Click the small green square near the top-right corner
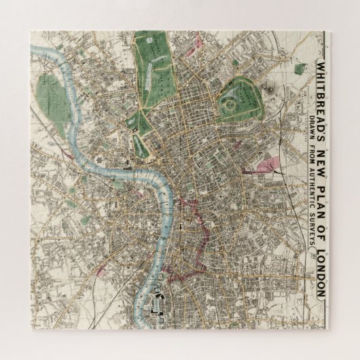300,69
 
